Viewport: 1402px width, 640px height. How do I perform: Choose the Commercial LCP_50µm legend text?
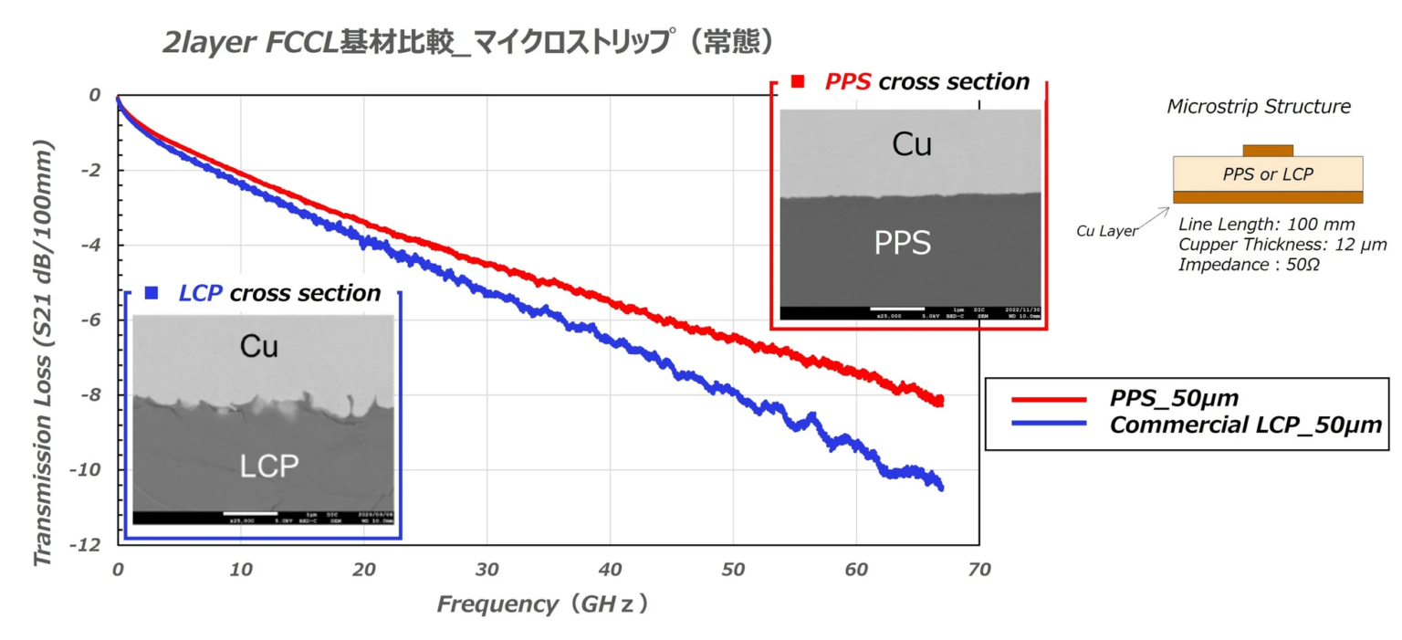tap(1246, 425)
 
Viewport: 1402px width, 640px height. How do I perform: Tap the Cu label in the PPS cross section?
tap(911, 144)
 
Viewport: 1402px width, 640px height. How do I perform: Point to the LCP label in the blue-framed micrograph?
tap(269, 466)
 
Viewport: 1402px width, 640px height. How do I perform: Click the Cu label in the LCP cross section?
tap(258, 346)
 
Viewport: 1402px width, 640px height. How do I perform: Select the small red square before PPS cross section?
tap(797, 82)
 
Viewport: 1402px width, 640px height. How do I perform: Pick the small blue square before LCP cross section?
tap(152, 293)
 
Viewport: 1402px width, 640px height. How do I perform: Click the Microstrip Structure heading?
tap(1259, 107)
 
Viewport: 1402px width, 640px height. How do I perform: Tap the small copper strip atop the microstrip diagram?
tap(1268, 150)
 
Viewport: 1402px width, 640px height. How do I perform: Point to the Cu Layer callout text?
tap(1107, 231)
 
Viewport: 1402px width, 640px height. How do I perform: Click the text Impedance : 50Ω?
tap(1239, 265)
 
